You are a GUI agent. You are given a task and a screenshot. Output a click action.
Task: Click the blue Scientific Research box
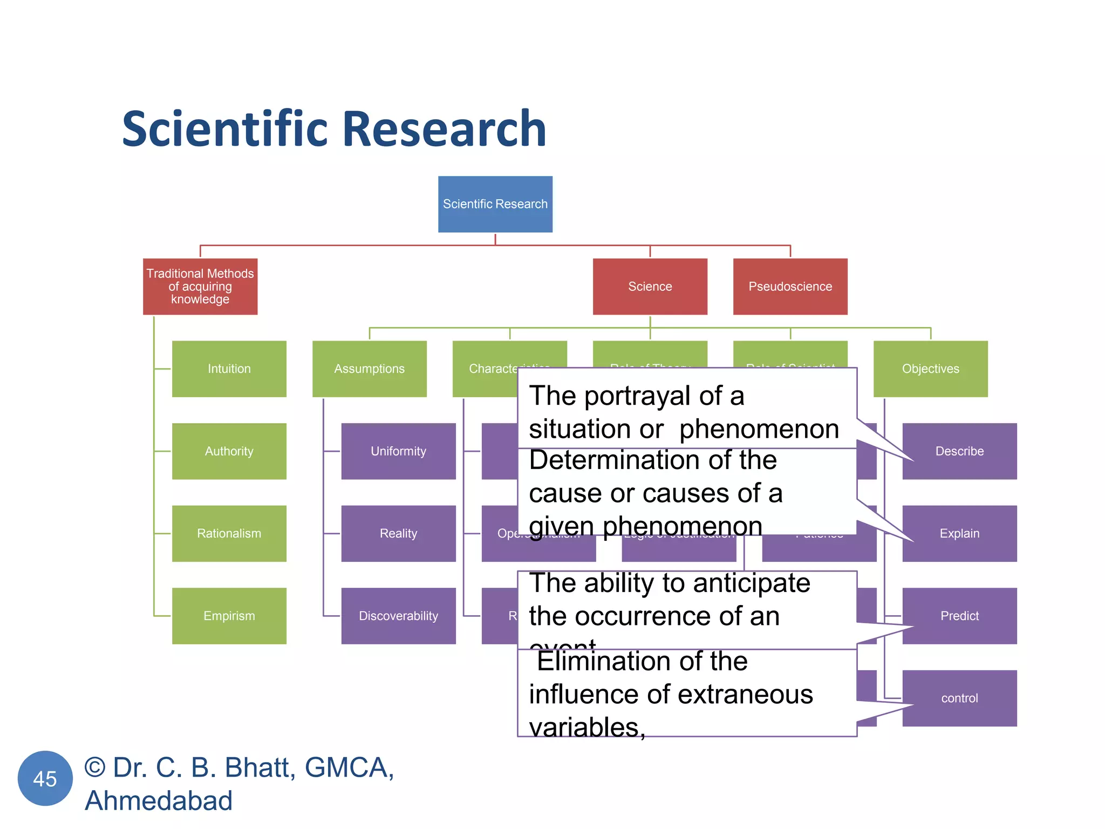(495, 204)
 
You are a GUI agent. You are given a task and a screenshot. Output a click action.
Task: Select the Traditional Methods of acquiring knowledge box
(200, 286)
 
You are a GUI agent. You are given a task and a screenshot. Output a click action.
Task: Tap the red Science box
(650, 286)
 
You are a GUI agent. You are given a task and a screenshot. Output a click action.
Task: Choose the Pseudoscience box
(790, 286)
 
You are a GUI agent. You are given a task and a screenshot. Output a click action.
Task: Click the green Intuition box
(229, 369)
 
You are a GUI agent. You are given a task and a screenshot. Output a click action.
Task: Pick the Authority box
(229, 451)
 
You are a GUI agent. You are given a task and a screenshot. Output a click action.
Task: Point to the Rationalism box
(229, 533)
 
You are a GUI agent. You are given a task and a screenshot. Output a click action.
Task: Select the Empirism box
(229, 616)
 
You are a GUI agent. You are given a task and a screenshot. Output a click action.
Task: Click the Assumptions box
(369, 369)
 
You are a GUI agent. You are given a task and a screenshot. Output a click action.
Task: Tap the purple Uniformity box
(398, 451)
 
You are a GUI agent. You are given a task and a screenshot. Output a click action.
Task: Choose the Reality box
(398, 533)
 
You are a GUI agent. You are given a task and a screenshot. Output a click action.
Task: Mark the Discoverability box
(398, 616)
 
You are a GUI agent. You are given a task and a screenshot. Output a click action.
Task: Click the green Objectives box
(930, 369)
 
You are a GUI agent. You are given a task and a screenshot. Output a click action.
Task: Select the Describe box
(959, 451)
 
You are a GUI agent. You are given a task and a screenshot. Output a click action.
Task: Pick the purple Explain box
(959, 533)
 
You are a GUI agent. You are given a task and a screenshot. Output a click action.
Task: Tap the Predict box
(959, 616)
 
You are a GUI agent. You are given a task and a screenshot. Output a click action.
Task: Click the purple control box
(959, 698)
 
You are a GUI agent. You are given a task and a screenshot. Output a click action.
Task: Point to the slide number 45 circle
(45, 778)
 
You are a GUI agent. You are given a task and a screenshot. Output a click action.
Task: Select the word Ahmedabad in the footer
(159, 800)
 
